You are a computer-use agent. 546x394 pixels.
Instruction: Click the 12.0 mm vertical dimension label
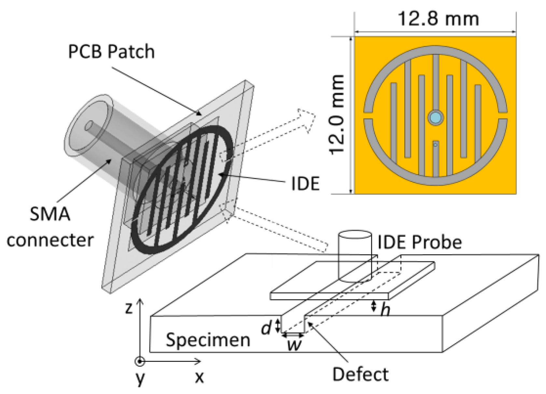click(x=337, y=114)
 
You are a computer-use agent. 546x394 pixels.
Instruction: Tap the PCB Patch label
click(x=111, y=52)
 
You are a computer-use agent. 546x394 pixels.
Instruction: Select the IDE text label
click(x=305, y=184)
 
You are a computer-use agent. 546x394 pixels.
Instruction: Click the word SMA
click(x=50, y=214)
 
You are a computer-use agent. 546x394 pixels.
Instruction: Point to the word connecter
click(x=50, y=240)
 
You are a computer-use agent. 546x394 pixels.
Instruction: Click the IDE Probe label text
click(x=419, y=242)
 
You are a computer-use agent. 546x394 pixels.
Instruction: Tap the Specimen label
click(x=208, y=340)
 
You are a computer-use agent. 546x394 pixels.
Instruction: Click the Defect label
click(x=360, y=374)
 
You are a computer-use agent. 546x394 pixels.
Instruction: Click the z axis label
click(x=129, y=308)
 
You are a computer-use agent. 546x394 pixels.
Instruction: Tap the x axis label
click(x=199, y=377)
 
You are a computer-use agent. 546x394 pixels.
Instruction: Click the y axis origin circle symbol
click(x=140, y=361)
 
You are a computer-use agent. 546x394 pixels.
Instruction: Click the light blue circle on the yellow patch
click(x=435, y=117)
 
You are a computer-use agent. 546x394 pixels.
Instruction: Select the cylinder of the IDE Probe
click(x=355, y=257)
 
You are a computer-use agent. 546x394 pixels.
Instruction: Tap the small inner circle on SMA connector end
click(x=89, y=126)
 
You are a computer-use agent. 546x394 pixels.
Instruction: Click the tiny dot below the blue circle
click(x=435, y=144)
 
